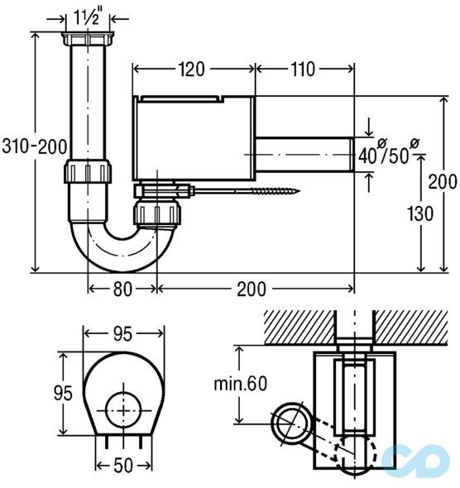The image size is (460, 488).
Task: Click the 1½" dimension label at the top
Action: [88, 17]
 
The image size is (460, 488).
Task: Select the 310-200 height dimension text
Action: [34, 146]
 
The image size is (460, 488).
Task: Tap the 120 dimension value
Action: [191, 69]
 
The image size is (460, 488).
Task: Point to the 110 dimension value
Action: [303, 69]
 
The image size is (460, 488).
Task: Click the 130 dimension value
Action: [420, 214]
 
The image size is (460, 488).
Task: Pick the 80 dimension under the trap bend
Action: [122, 289]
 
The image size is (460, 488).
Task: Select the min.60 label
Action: [240, 384]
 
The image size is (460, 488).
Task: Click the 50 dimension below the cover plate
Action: [123, 466]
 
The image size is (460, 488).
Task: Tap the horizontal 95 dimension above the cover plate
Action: [122, 334]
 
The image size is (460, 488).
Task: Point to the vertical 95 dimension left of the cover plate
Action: [63, 393]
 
